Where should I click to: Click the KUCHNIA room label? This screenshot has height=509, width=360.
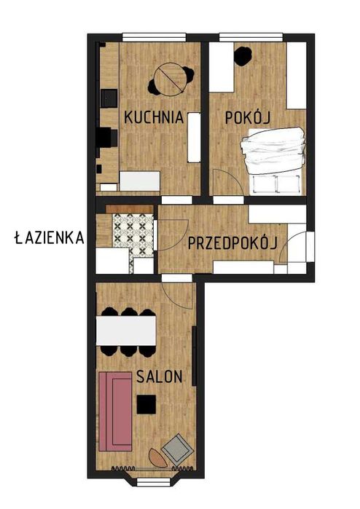[152, 117]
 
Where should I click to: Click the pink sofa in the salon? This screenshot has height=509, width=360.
[114, 410]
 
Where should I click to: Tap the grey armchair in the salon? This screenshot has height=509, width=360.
[177, 450]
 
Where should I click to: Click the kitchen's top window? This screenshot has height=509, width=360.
[154, 37]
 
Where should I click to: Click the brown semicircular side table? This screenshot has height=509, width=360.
[157, 457]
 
